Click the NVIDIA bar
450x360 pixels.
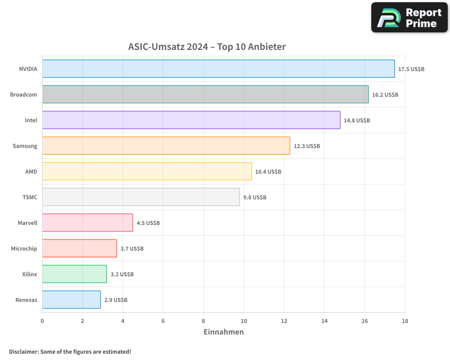tap(218, 69)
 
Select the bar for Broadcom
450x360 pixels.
tap(205, 94)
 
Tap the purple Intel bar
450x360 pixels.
tap(191, 120)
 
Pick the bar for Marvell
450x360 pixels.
tap(88, 223)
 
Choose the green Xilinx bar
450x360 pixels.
tap(75, 274)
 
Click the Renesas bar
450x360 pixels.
tap(72, 300)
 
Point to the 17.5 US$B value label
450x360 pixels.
tap(411, 69)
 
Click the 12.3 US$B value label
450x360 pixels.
tap(307, 146)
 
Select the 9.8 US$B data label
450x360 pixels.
tap(255, 198)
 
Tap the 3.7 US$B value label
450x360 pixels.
tap(132, 249)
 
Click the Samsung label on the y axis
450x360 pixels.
tap(25, 146)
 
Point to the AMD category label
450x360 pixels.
tap(31, 172)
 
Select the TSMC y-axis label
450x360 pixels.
tap(30, 198)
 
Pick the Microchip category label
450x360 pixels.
tap(24, 249)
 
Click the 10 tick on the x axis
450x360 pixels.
tap(243, 321)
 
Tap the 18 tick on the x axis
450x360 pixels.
tap(405, 321)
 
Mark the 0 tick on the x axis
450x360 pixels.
tap(42, 321)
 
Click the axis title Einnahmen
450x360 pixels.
tap(224, 332)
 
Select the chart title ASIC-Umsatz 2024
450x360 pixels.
tap(207, 47)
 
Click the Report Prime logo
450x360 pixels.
tap(409, 18)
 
